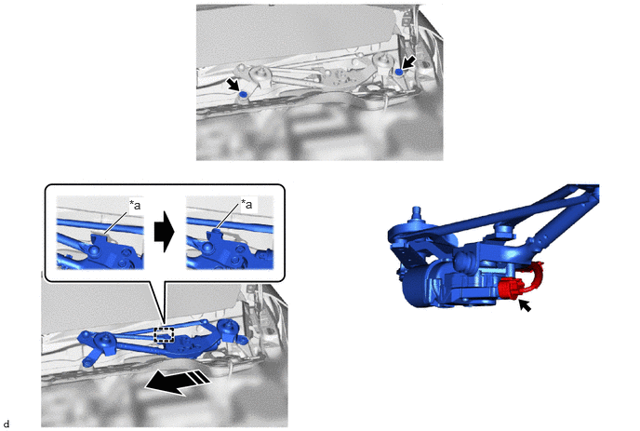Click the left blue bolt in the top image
point(244,94)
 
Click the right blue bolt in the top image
point(399,72)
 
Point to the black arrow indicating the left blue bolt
point(233,85)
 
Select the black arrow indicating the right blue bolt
point(409,62)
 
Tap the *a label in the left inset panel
point(135,205)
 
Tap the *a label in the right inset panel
point(247,204)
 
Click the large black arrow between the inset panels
point(164,232)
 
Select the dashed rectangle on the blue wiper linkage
point(164,334)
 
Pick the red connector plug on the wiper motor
point(509,288)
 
